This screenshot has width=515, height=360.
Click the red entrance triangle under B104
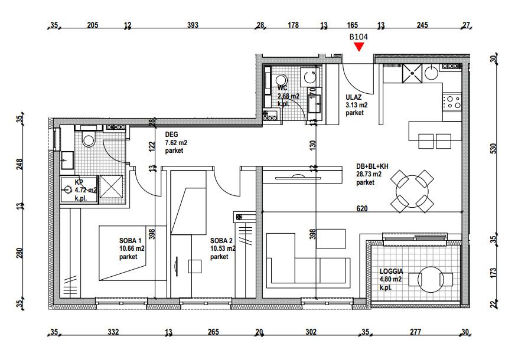point(358,47)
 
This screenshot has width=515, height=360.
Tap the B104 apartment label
point(358,37)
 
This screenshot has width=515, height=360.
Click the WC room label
point(282,88)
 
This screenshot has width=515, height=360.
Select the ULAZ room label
point(353,97)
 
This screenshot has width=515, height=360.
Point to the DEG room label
point(171,135)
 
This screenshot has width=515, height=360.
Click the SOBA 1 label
point(130,241)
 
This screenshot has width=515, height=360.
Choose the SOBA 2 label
point(221,241)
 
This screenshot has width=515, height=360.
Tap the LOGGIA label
point(391,271)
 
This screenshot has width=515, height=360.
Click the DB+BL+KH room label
point(372,166)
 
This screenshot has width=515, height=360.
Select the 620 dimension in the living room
point(362,208)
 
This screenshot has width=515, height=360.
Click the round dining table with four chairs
point(412,191)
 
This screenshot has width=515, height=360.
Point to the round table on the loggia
point(431,280)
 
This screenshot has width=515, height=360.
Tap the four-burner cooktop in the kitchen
point(452,102)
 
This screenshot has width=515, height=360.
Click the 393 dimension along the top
point(193,25)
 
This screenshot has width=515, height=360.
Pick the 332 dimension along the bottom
point(113,332)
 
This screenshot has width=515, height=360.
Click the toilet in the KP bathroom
point(89,139)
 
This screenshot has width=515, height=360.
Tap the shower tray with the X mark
point(111,186)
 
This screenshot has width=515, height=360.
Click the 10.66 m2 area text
point(132,248)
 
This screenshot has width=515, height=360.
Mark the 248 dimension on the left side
point(19,164)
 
